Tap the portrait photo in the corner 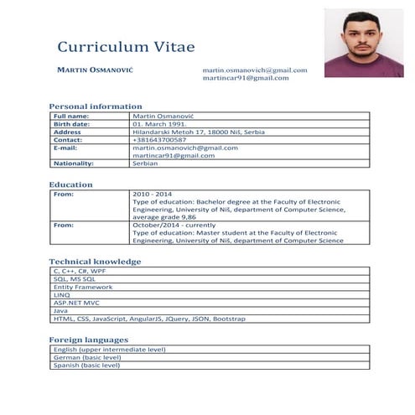tap(364, 42)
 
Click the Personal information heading tap(95, 106)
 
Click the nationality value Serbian tap(146, 163)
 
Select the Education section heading tap(70, 184)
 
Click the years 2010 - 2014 tap(152, 194)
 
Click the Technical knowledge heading tap(95, 262)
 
